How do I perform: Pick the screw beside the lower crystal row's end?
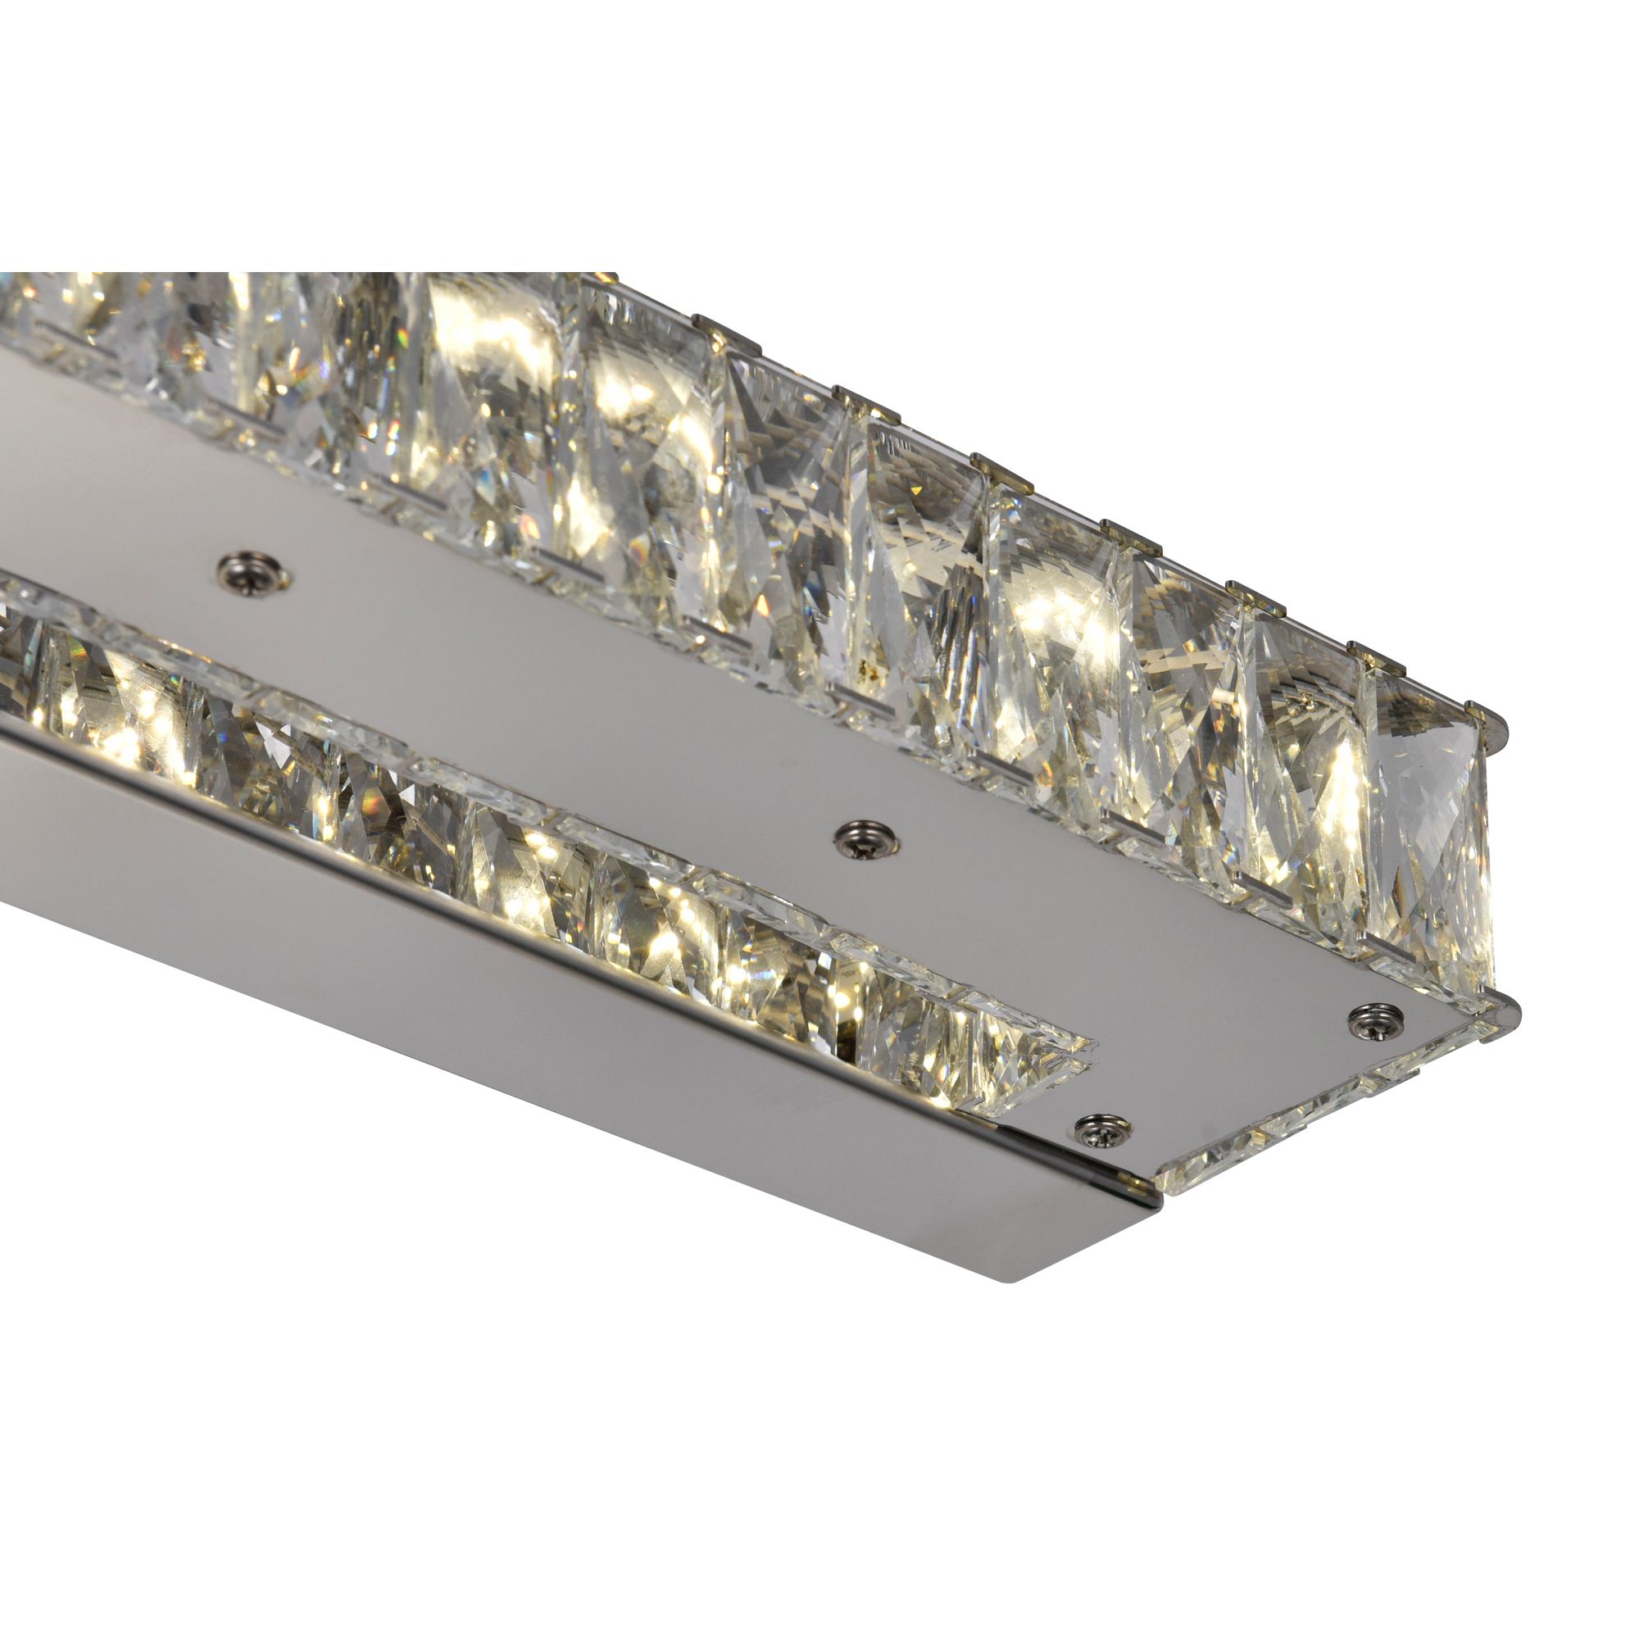point(1104,1128)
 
